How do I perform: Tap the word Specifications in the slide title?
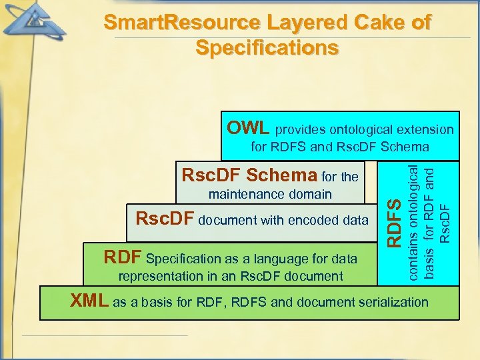click(x=267, y=48)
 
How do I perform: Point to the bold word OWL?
click(x=248, y=127)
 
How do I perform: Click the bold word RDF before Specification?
click(x=123, y=257)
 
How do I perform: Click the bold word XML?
click(x=90, y=301)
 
